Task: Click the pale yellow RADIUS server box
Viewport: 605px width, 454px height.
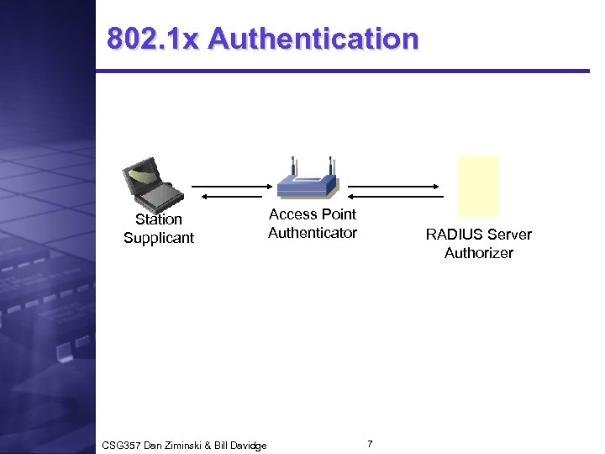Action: coord(479,187)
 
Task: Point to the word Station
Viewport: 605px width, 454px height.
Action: coord(159,219)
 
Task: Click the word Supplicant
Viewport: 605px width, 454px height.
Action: coord(159,238)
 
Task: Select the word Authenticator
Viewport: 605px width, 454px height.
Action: coord(313,233)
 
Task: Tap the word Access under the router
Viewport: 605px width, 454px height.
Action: coord(292,214)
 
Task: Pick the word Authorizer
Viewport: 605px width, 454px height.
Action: coord(479,253)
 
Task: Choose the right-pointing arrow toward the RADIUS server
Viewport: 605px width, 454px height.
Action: coord(395,186)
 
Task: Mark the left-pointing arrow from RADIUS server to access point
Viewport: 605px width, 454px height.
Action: coord(395,196)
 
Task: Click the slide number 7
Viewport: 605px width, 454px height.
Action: coord(371,442)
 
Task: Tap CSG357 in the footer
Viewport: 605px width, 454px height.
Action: coord(119,446)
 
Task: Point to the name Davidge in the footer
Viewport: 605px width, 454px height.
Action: coord(247,446)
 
